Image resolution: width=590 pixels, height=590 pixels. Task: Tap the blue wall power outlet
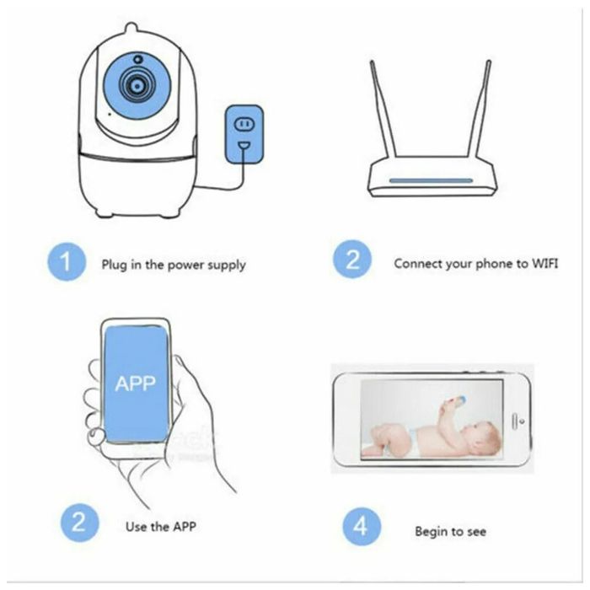244,135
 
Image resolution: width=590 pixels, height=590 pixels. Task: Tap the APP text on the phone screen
135,383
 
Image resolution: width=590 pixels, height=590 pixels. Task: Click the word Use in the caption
137,527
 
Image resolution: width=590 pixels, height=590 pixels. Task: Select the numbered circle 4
360,528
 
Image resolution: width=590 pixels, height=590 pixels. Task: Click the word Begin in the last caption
431,532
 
